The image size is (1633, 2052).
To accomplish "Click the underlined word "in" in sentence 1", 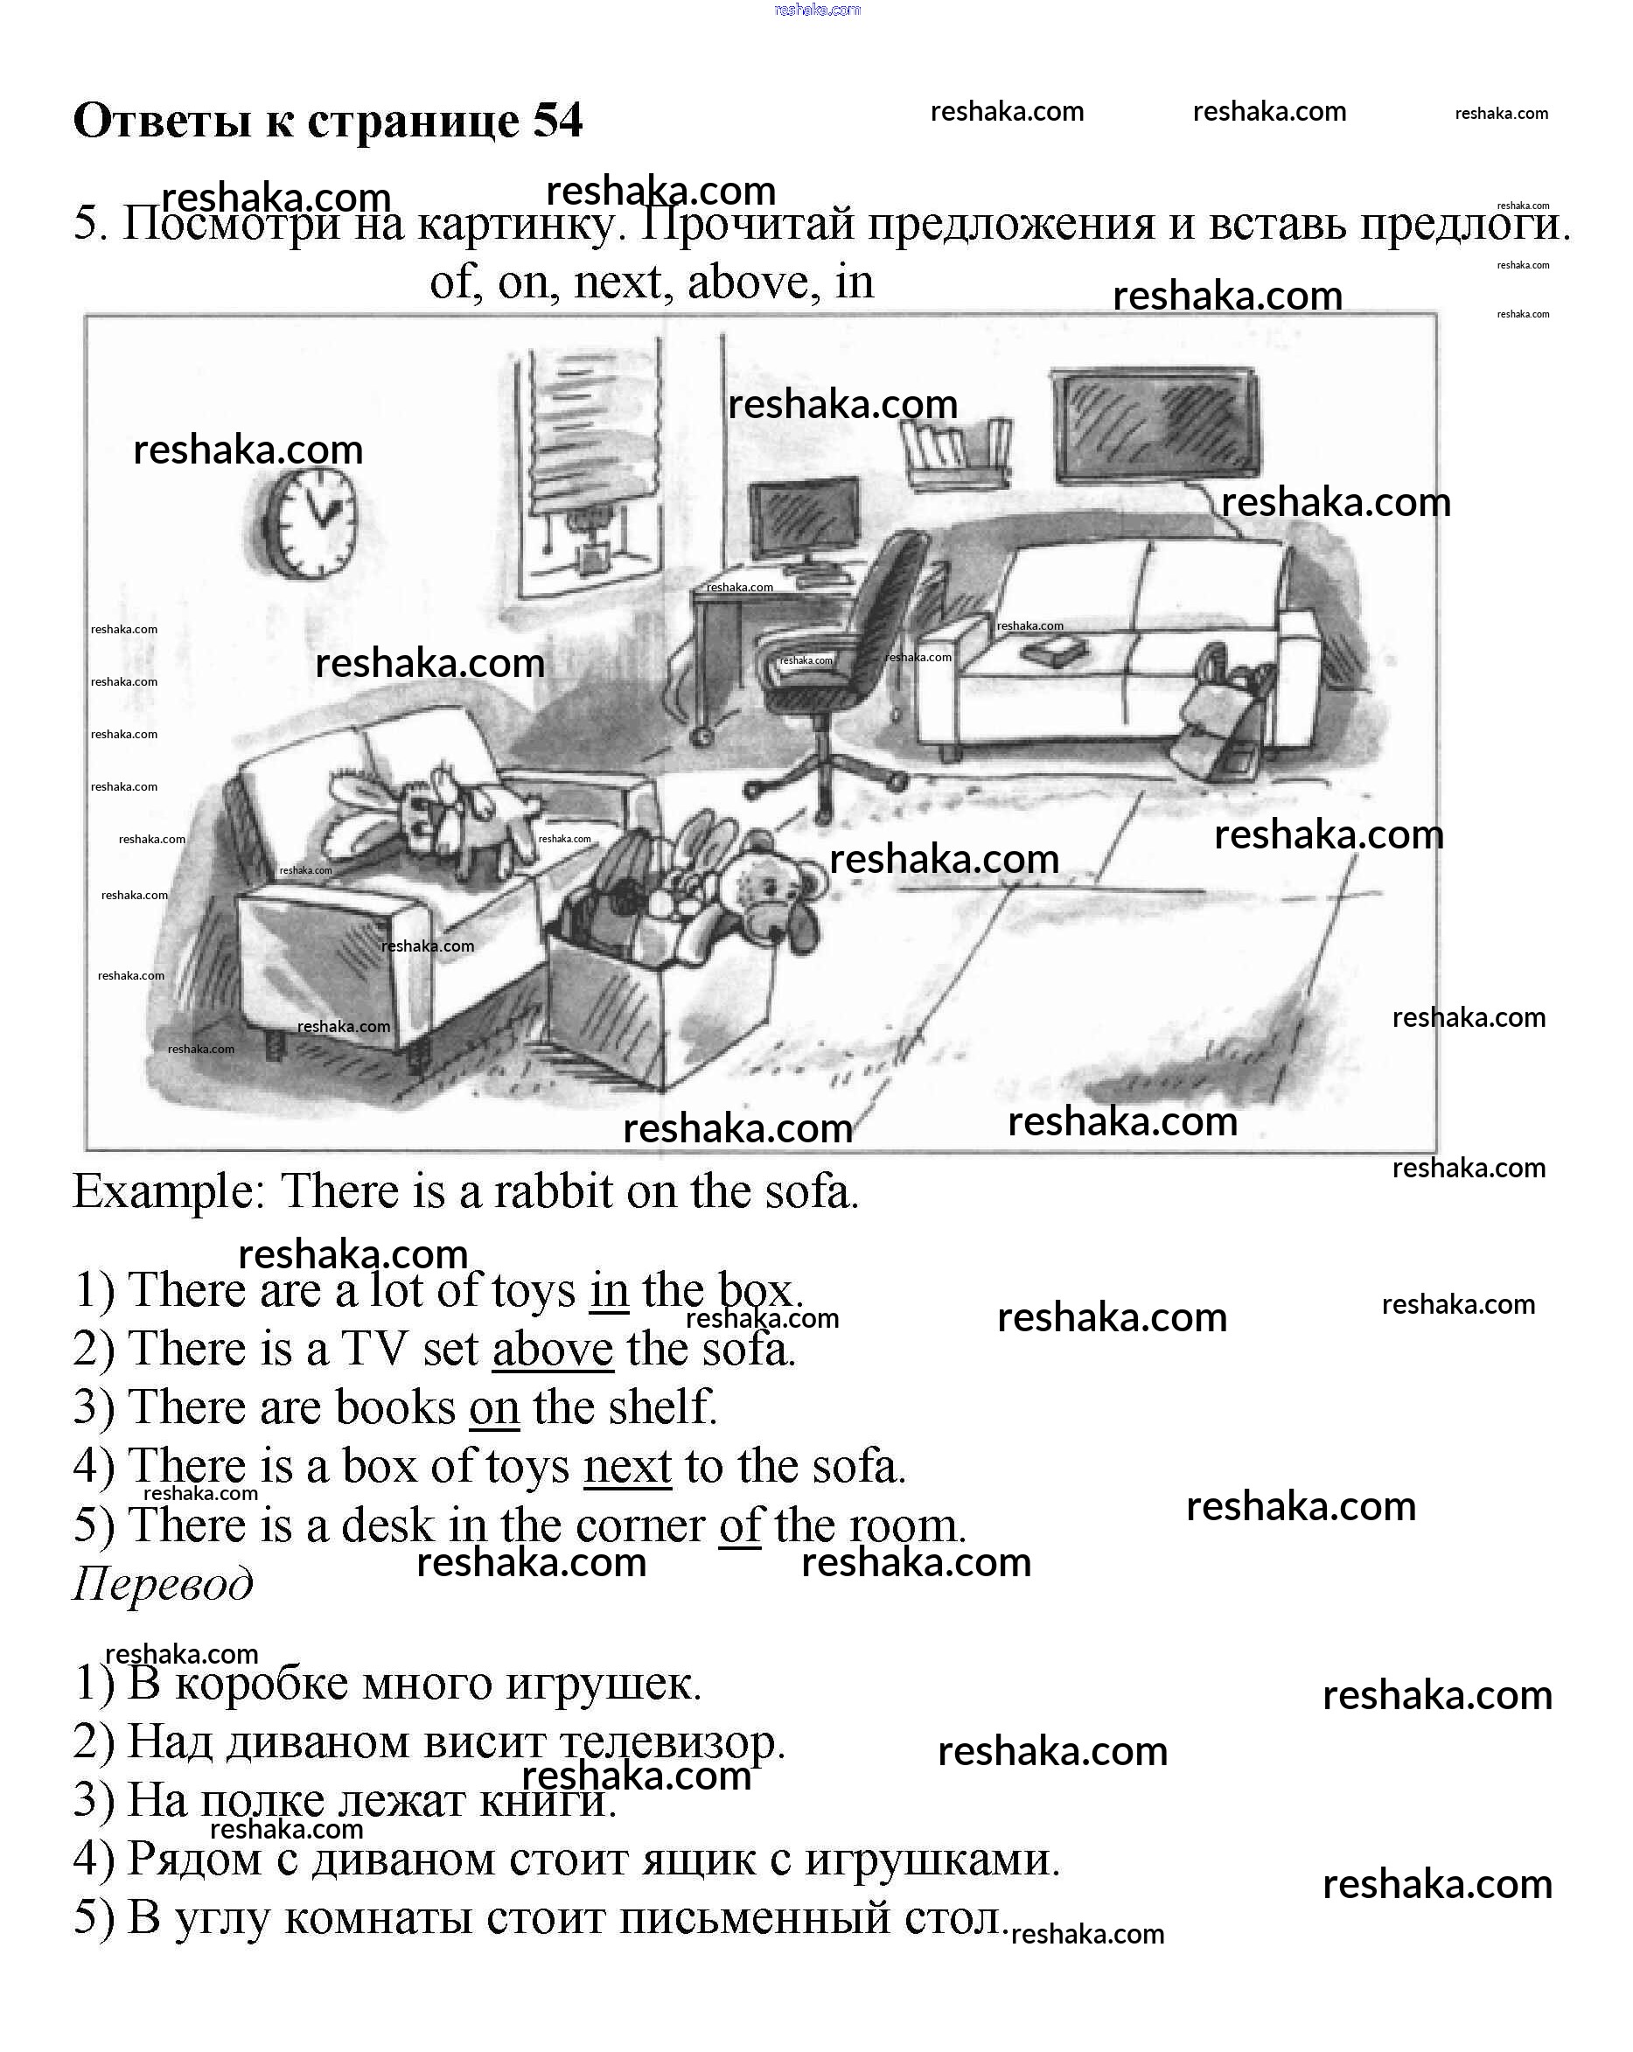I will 609,1292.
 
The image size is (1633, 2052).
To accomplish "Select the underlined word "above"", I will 553,1350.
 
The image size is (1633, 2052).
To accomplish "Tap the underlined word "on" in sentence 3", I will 494,1408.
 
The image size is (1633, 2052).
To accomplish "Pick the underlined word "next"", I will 627,1467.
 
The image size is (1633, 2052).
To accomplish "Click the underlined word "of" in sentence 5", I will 739,1525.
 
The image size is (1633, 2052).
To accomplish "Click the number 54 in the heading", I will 558,121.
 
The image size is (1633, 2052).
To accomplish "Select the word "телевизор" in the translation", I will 671,1742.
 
